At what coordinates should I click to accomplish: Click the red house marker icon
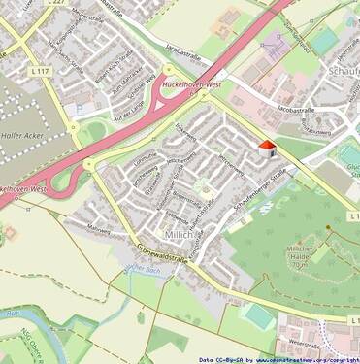coord(266,149)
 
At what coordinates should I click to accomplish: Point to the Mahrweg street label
coord(98,228)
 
